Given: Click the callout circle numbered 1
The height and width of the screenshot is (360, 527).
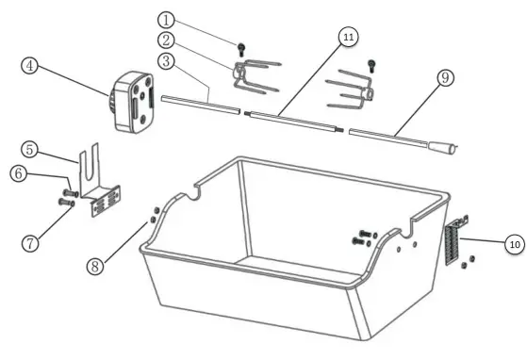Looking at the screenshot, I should tap(166, 19).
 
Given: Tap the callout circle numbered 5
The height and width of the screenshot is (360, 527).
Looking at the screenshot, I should tap(31, 148).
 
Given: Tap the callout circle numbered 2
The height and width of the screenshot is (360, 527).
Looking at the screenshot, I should tap(166, 41).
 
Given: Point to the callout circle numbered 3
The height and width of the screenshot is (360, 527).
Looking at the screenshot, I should tap(166, 62).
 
